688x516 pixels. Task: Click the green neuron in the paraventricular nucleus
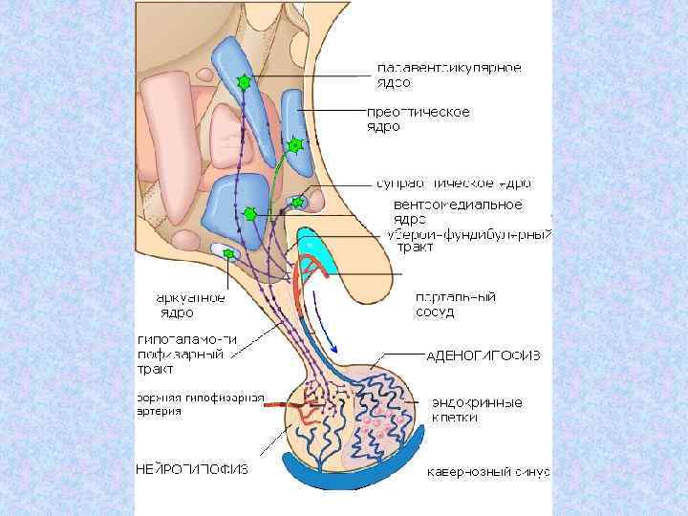[x=244, y=83]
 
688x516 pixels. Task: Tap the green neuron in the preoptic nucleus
[x=294, y=145]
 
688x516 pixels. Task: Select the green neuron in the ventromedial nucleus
[x=250, y=214]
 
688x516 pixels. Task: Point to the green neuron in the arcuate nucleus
[x=229, y=253]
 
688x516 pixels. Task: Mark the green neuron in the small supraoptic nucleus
[x=298, y=202]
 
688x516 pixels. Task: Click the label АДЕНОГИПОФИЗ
[x=484, y=355]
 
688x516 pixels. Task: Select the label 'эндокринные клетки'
[x=475, y=410]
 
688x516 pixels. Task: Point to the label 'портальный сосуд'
[x=455, y=305]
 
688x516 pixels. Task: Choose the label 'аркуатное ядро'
[x=191, y=305]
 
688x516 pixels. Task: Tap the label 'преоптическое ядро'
[x=419, y=118]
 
